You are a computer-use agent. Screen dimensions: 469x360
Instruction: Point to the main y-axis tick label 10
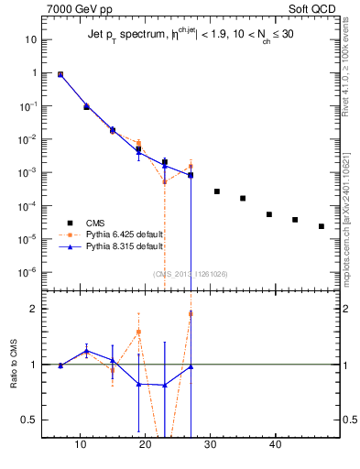click(x=29, y=40)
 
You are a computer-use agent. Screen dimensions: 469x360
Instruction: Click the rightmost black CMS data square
click(x=322, y=226)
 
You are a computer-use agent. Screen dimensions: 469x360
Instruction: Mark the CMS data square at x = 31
click(x=217, y=191)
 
